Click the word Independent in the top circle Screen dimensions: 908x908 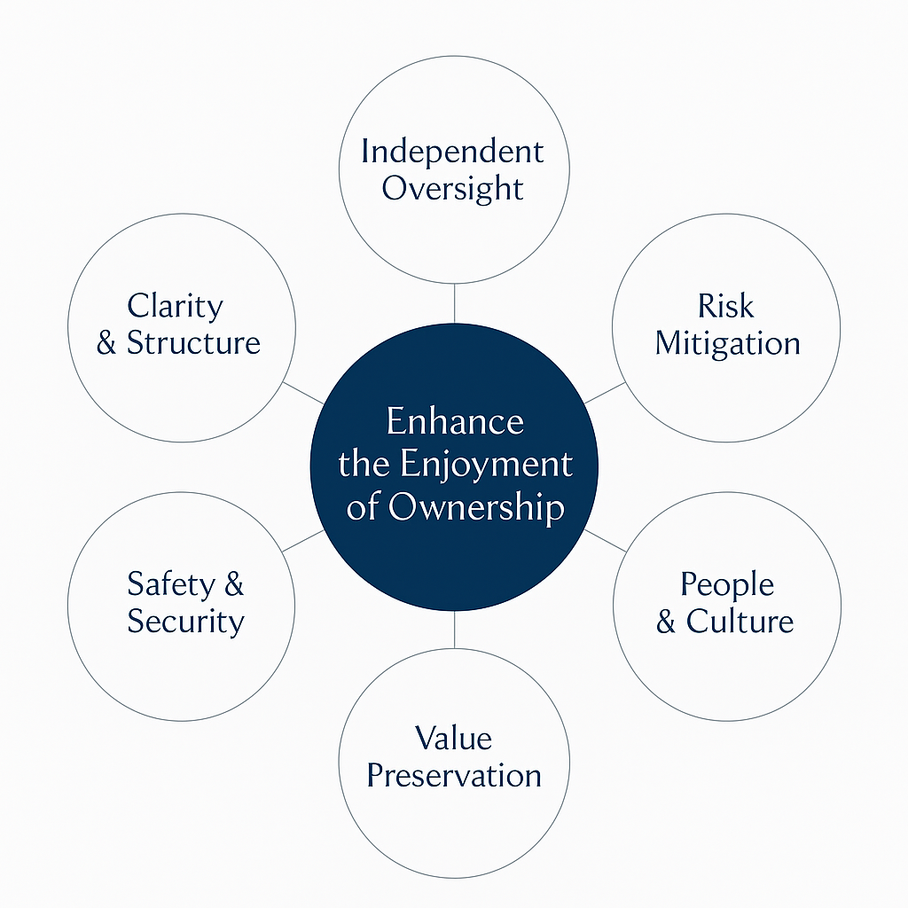452,152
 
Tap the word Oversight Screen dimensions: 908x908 453,189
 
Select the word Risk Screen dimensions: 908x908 725,306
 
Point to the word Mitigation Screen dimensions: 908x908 727,343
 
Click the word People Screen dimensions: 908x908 727,584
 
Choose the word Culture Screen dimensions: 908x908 740,622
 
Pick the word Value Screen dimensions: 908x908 453,738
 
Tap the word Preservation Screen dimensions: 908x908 454,776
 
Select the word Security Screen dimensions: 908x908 185,622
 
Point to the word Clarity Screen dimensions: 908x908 175,306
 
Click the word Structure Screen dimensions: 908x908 193,343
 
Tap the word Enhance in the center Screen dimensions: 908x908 455,421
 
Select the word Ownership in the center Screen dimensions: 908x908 476,508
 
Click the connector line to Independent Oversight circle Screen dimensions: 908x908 454,303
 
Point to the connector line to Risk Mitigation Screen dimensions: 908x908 605,392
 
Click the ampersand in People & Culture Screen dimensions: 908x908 666,622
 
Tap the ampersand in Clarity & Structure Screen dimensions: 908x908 107,344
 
